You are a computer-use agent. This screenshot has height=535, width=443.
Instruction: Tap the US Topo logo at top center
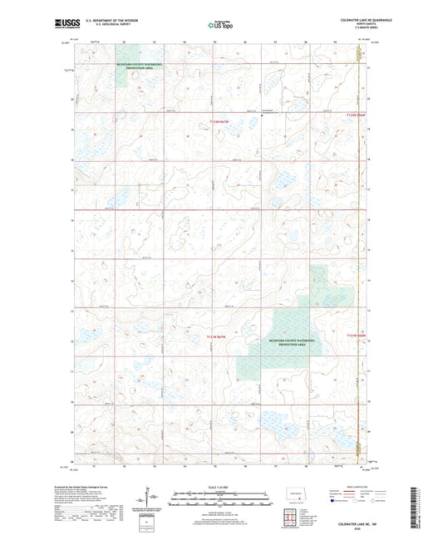(220, 26)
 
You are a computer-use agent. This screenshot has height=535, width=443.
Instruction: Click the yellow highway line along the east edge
(359, 249)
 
